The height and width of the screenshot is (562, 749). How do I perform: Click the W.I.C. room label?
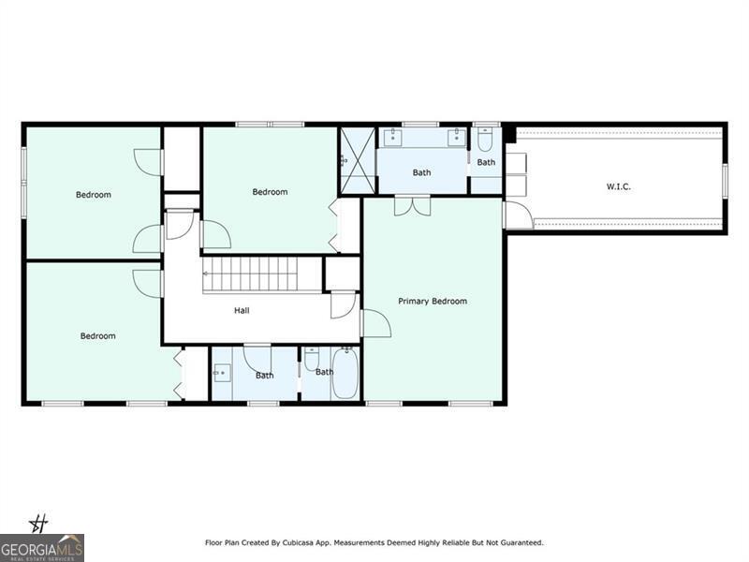(x=618, y=186)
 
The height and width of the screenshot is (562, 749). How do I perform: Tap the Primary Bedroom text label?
(x=432, y=301)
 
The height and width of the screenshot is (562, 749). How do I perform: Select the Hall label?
(x=242, y=310)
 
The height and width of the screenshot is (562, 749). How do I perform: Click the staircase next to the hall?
(x=251, y=274)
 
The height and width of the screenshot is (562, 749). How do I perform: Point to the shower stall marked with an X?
(x=357, y=160)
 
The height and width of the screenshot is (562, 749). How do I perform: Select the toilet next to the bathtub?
(x=313, y=359)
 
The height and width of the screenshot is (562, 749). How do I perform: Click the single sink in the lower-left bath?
(x=221, y=373)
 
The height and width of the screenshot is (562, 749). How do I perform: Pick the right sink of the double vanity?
(x=455, y=140)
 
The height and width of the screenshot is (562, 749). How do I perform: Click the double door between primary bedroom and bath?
(x=412, y=205)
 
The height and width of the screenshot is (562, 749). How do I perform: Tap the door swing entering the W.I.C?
(x=519, y=215)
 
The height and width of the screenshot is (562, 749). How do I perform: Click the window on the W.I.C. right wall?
(x=725, y=180)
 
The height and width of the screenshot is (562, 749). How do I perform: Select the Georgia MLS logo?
(x=42, y=547)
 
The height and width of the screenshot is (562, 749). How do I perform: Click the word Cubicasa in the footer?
(x=279, y=542)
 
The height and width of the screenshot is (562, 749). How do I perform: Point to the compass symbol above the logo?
(x=39, y=523)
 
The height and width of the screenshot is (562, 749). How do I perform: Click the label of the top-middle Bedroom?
(x=270, y=192)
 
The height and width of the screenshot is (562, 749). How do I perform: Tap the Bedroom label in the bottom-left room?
(x=97, y=335)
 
